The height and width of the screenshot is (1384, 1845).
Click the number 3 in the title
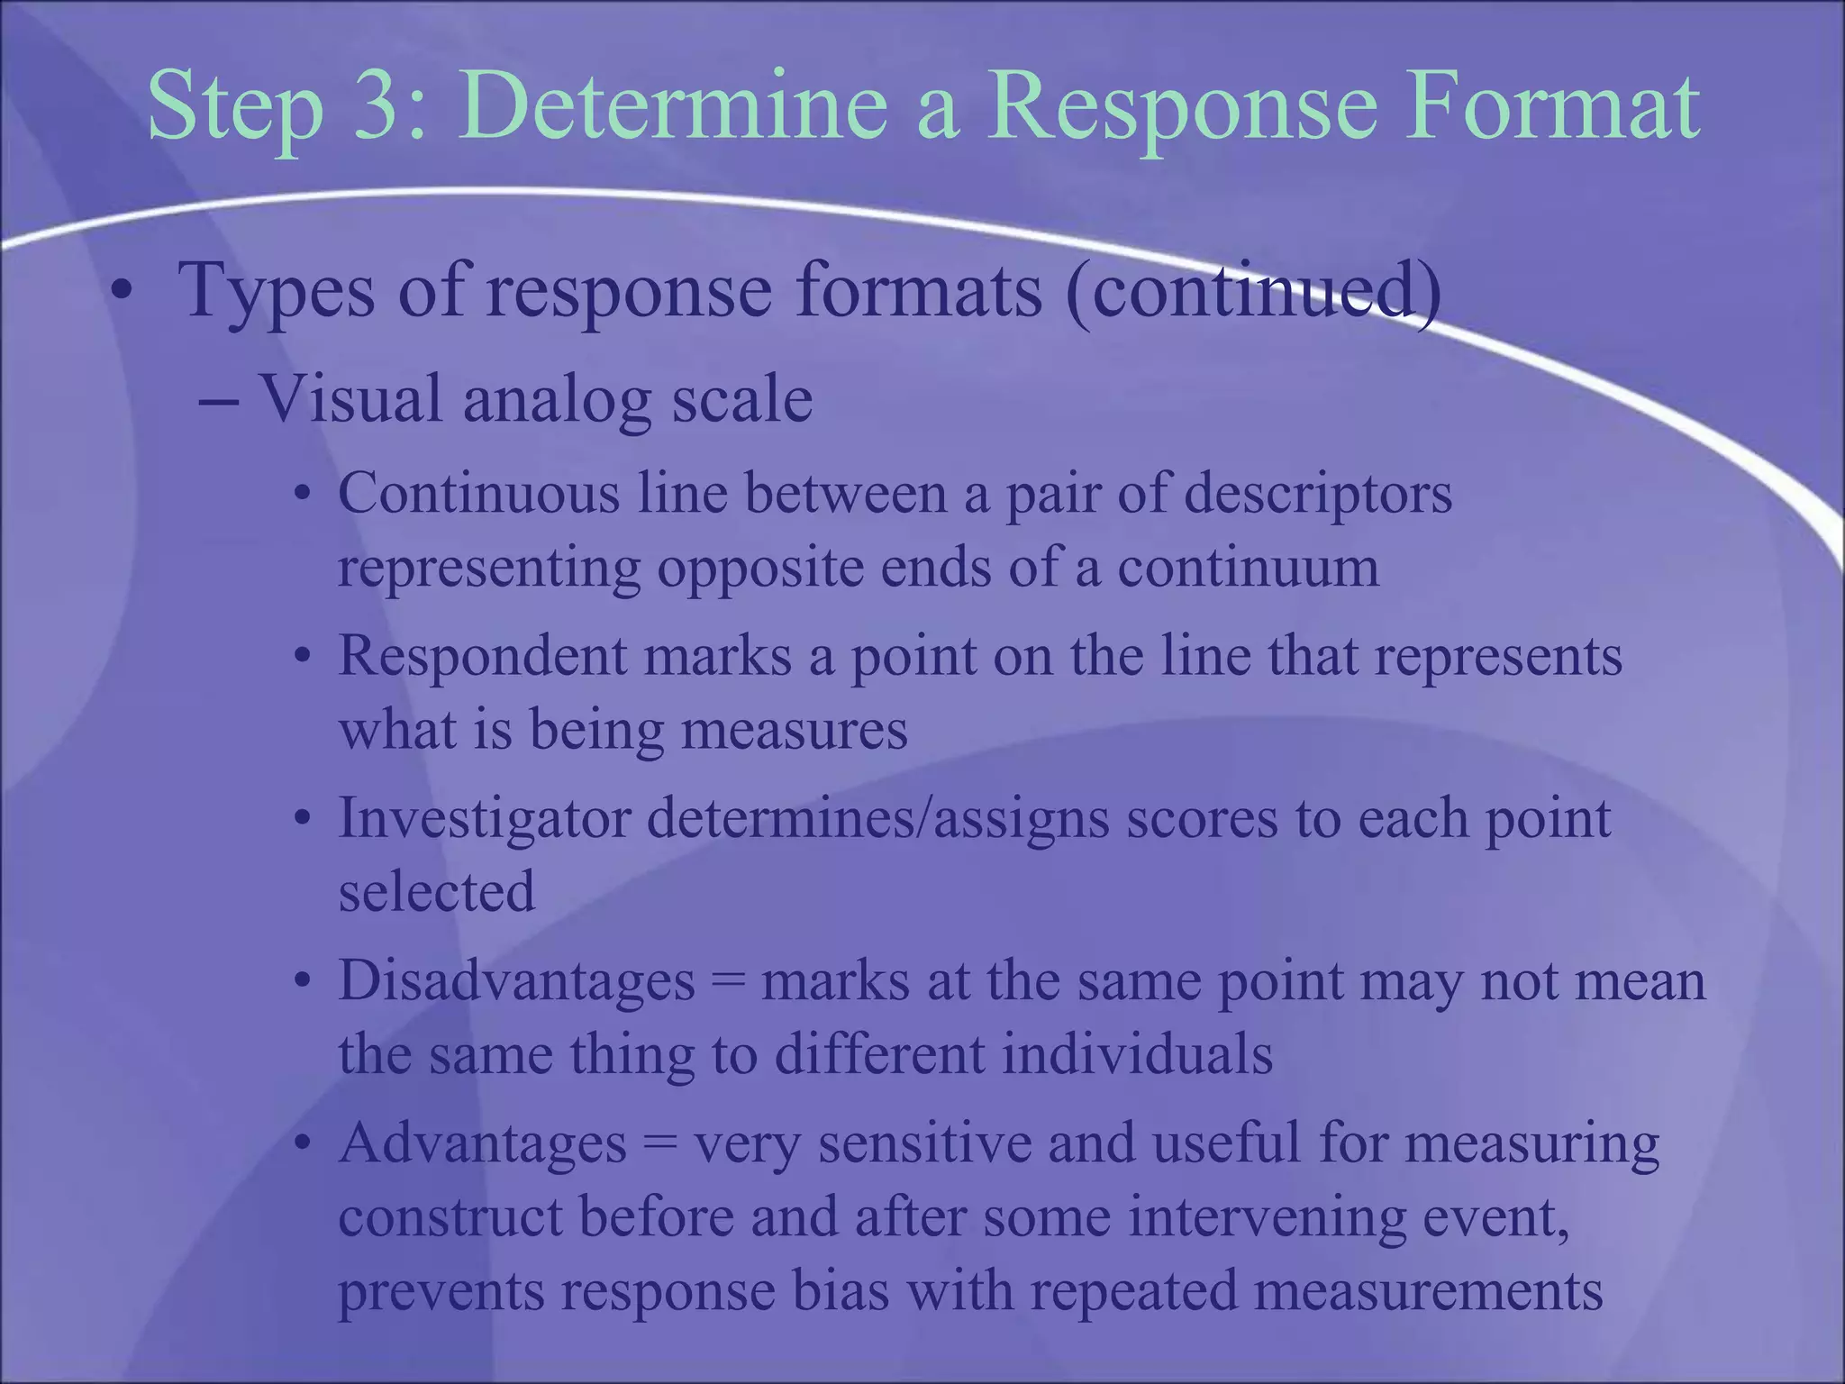(x=377, y=108)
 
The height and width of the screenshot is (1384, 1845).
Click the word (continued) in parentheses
(x=1253, y=292)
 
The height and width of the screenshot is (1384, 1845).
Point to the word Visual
(x=351, y=399)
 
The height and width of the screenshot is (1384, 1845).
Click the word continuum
(x=1249, y=568)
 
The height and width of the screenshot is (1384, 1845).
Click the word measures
(x=794, y=730)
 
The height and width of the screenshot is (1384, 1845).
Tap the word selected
(x=437, y=892)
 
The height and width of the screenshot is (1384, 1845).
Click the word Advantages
(x=483, y=1144)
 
